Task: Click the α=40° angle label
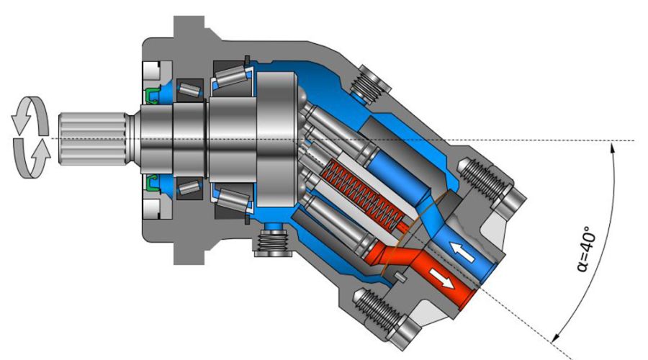click(x=586, y=249)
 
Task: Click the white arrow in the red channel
click(x=441, y=280)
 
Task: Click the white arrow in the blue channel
click(x=462, y=252)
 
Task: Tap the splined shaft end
click(x=94, y=139)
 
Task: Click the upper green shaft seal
click(x=152, y=96)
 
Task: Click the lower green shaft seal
click(x=152, y=182)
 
